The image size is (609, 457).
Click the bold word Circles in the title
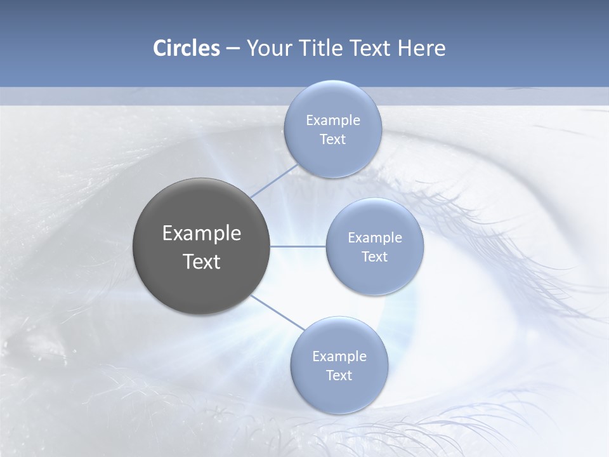pyautogui.click(x=186, y=48)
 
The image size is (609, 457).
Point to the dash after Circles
pyautogui.click(x=232, y=49)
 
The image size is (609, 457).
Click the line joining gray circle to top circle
pyautogui.click(x=274, y=180)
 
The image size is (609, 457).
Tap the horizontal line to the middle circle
pyautogui.click(x=298, y=246)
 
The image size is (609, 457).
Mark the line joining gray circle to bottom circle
pyautogui.click(x=277, y=312)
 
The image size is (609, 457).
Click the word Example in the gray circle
pyautogui.click(x=202, y=234)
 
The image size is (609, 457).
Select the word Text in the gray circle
pyautogui.click(x=202, y=262)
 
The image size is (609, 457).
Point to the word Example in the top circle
pyautogui.click(x=332, y=121)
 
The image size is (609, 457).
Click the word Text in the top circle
pyautogui.click(x=332, y=140)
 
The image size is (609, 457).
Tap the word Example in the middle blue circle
pyautogui.click(x=374, y=238)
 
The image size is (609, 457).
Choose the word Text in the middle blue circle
pyautogui.click(x=374, y=257)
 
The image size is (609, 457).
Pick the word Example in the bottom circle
pyautogui.click(x=339, y=357)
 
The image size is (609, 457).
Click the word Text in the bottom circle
pyautogui.click(x=339, y=376)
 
